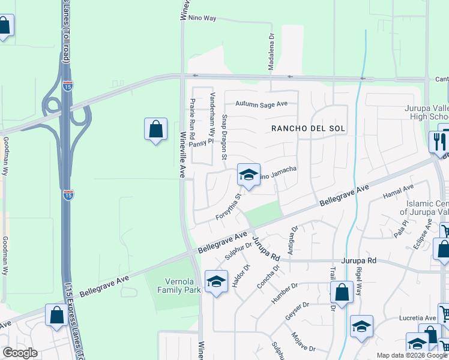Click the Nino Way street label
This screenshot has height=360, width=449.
tap(202, 19)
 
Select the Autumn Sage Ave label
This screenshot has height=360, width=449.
tap(261, 104)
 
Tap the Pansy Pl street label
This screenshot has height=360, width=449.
tap(201, 143)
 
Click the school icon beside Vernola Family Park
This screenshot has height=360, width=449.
tap(217, 281)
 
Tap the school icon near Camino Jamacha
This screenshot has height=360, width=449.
tap(249, 175)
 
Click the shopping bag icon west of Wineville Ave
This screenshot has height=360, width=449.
tap(155, 129)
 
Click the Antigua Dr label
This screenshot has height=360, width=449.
tap(294, 239)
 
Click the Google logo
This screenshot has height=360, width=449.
tap(20, 353)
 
